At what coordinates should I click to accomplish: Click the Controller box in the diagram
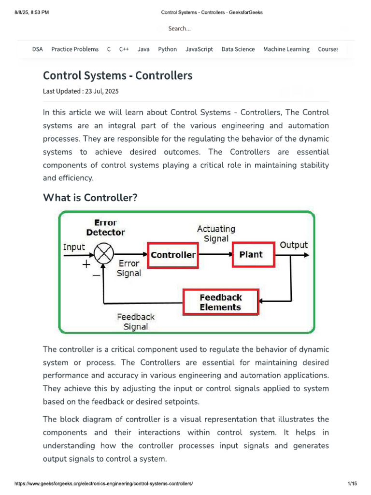click(x=173, y=255)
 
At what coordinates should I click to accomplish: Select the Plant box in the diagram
click(x=251, y=255)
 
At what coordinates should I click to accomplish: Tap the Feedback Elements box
click(x=220, y=302)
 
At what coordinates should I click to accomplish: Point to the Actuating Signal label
click(x=216, y=233)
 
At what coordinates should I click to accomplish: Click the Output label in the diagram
click(x=294, y=245)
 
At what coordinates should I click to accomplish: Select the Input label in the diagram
click(x=74, y=247)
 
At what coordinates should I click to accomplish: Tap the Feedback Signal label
click(x=136, y=321)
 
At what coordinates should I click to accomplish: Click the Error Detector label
click(x=105, y=227)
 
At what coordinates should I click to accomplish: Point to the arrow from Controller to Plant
click(x=215, y=255)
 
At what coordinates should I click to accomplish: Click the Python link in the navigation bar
click(x=167, y=49)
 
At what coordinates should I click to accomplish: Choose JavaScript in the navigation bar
click(x=199, y=49)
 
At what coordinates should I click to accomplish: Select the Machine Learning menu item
click(x=286, y=49)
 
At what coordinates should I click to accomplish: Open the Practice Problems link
click(x=75, y=49)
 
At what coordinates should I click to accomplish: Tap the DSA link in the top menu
click(x=37, y=49)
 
